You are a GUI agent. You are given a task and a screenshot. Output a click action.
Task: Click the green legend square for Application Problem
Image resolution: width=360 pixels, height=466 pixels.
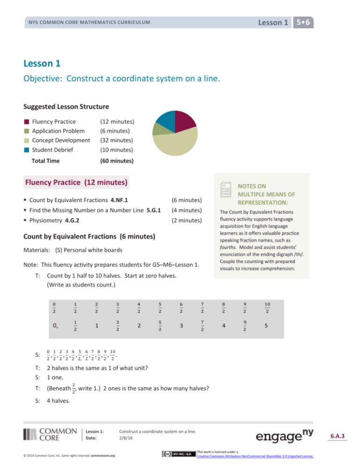[x=27, y=131]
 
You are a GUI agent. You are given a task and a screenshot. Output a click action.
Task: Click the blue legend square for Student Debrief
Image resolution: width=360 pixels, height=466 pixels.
[x=27, y=150]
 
